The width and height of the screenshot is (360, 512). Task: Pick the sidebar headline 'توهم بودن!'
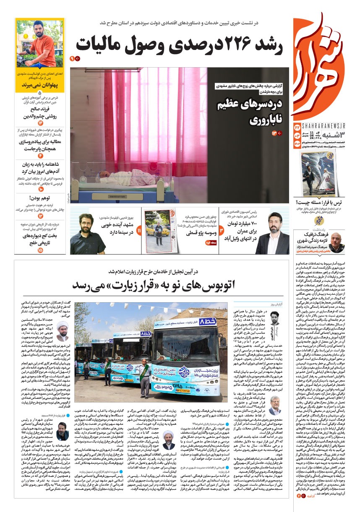click(40, 198)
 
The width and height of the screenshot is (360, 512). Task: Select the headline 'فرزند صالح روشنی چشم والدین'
click(40, 112)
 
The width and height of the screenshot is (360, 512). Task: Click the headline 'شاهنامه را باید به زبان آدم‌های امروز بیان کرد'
click(40, 168)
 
